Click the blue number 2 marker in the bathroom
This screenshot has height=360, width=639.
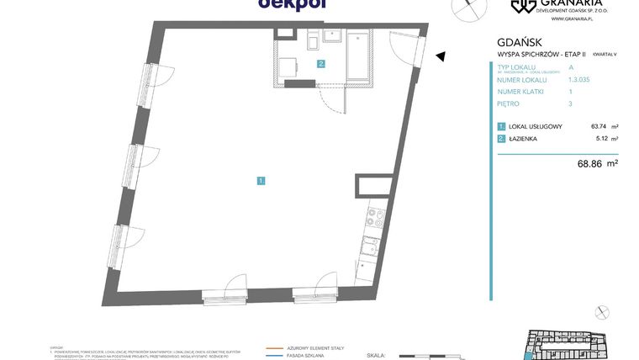click(x=321, y=63)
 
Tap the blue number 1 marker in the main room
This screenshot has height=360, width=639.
click(x=261, y=180)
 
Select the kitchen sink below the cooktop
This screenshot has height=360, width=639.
click(x=371, y=246)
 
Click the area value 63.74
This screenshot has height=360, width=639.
click(x=599, y=126)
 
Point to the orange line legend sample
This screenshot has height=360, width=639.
click(x=274, y=347)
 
